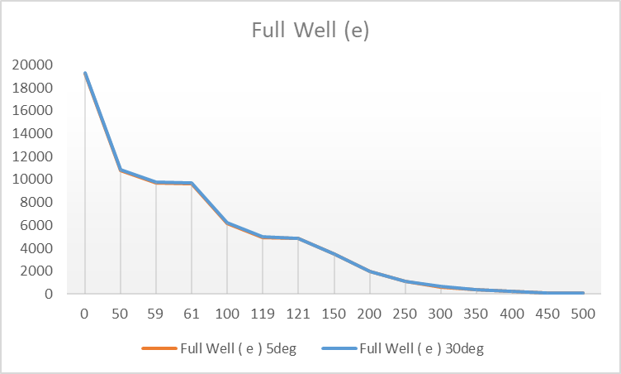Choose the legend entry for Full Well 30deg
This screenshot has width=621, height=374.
(422, 348)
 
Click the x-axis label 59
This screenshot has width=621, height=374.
(156, 314)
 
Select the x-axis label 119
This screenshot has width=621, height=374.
(263, 314)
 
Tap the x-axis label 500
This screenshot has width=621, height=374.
(584, 314)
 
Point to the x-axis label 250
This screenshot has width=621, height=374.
(405, 314)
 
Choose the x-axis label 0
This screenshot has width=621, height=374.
(85, 314)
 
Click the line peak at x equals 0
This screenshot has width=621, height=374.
(85, 73)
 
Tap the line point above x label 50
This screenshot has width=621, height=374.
(121, 170)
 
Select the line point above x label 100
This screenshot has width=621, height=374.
(227, 223)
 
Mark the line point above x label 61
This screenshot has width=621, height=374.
(192, 183)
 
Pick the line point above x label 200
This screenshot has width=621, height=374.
(370, 271)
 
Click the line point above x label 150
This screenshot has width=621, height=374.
(334, 254)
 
